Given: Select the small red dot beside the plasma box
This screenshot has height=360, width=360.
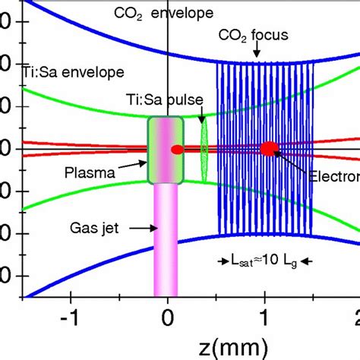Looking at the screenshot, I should pyautogui.click(x=178, y=150).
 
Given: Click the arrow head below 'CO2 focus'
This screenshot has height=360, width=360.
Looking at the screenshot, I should pyautogui.click(x=258, y=55).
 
